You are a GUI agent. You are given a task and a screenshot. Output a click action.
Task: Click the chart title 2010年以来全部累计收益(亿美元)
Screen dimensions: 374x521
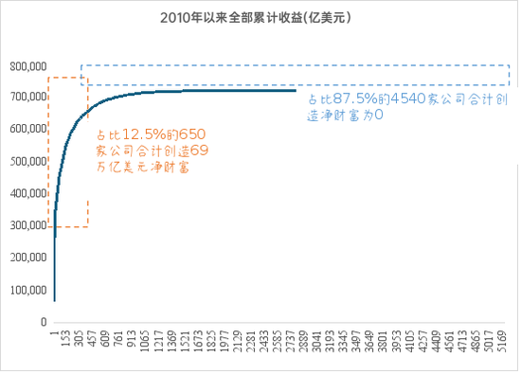point(260,18)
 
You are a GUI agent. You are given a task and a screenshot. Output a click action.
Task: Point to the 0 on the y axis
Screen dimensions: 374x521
point(43,322)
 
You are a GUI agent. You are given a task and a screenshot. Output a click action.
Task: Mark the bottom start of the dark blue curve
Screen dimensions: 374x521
point(54,300)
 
